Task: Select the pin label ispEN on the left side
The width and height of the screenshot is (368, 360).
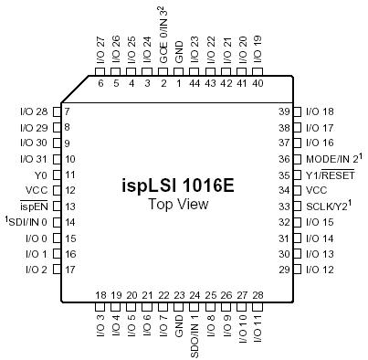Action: (x=34, y=206)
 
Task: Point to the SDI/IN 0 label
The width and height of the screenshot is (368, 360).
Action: (x=27, y=222)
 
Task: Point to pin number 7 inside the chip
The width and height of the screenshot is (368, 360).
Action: (x=67, y=111)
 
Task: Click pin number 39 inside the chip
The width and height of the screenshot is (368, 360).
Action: (x=283, y=111)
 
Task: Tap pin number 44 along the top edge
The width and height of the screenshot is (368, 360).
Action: (x=195, y=83)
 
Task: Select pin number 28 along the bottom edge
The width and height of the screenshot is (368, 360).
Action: (x=259, y=294)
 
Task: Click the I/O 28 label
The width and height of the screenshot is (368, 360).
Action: (x=33, y=111)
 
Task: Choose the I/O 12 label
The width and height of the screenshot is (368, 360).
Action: (x=321, y=270)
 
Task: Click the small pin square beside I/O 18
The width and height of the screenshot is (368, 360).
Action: (x=299, y=111)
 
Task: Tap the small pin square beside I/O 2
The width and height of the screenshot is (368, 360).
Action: (x=55, y=270)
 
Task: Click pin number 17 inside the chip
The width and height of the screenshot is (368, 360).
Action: (x=69, y=270)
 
